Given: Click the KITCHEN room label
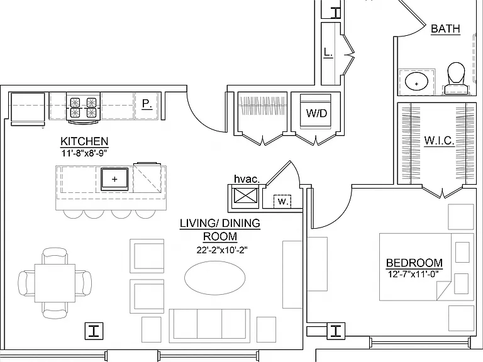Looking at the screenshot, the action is tap(84, 141).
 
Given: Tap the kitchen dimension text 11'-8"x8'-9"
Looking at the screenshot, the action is tap(84, 153).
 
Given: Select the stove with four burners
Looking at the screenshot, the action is tap(83, 108).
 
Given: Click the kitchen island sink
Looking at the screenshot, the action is tap(114, 179).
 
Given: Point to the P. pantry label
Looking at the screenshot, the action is tap(147, 104).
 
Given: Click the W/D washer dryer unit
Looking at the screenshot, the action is tap(316, 112).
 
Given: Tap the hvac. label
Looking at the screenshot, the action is tap(247, 179).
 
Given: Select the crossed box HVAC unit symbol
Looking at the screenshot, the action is tap(245, 196).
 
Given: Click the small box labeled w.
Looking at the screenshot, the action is tap(282, 201).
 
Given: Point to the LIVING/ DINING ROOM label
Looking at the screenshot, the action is tap(220, 229).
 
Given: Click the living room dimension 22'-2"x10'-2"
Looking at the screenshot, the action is tap(222, 250).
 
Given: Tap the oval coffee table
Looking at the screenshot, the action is tap(215, 278).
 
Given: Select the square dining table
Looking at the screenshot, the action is tap(55, 283).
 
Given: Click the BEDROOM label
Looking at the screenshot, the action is tap(414, 263).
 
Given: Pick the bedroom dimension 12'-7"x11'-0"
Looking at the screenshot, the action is tap(413, 274).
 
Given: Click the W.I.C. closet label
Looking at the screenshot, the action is tap(439, 141).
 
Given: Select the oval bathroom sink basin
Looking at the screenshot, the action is tap(416, 82).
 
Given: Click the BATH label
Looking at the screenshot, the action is tap(445, 29).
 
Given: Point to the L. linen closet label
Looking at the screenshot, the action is tap(328, 52).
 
